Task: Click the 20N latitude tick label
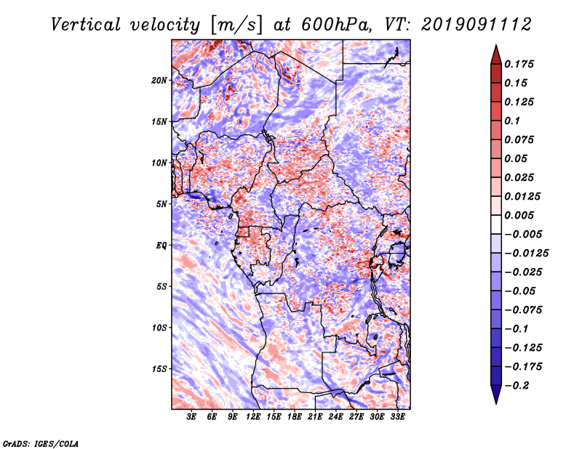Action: [159, 80]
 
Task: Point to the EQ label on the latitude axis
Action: [162, 246]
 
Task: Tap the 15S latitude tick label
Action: [159, 369]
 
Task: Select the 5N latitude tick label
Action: [162, 204]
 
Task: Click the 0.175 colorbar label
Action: [519, 64]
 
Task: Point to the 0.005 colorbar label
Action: [519, 215]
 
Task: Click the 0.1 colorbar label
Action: [512, 121]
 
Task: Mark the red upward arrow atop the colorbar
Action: [495, 53]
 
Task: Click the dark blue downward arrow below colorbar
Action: [495, 395]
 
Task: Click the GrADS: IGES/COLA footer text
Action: [41, 442]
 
